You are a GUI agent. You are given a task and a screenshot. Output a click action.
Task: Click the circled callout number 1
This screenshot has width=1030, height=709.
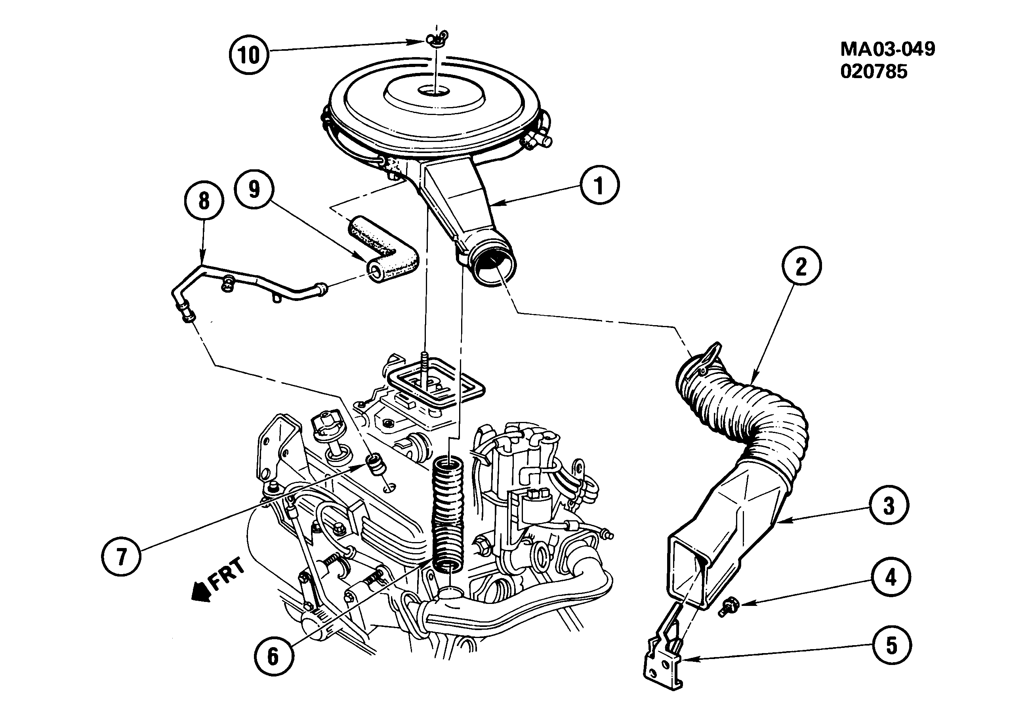click(599, 185)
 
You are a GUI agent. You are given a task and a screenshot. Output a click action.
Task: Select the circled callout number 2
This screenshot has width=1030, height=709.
click(801, 266)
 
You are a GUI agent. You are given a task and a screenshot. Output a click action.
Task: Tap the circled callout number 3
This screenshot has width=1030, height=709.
click(889, 506)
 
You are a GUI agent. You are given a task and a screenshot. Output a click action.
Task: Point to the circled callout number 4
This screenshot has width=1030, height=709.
click(890, 577)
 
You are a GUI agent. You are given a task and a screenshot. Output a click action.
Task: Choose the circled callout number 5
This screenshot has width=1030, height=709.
click(891, 646)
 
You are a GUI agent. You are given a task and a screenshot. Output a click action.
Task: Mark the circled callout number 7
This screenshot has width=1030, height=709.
click(121, 556)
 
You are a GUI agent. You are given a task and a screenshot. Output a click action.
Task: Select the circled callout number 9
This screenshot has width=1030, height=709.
click(254, 189)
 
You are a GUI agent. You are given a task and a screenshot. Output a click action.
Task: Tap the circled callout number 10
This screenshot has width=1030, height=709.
click(248, 55)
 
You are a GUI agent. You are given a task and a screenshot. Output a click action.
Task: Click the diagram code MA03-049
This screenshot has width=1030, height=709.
click(887, 49)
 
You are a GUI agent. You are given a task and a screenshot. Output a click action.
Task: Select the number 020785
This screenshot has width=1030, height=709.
click(874, 71)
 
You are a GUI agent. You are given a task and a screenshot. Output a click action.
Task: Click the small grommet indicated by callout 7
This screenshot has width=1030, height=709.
click(376, 465)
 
